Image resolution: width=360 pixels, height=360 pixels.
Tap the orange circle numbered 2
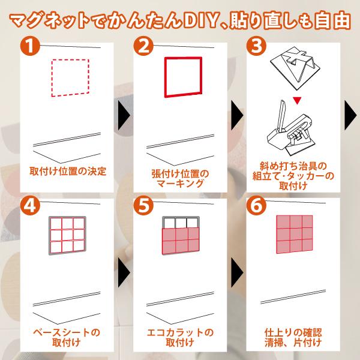145,46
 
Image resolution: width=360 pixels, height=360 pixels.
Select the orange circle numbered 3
257,46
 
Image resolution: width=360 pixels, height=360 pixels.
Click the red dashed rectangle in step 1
71,77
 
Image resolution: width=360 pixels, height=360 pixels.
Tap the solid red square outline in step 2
183,77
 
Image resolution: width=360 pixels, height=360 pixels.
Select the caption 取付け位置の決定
68,171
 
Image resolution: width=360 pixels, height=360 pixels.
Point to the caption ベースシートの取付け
68,337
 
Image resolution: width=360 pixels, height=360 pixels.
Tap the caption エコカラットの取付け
180,337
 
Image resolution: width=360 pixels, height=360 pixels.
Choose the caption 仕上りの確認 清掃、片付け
292,337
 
